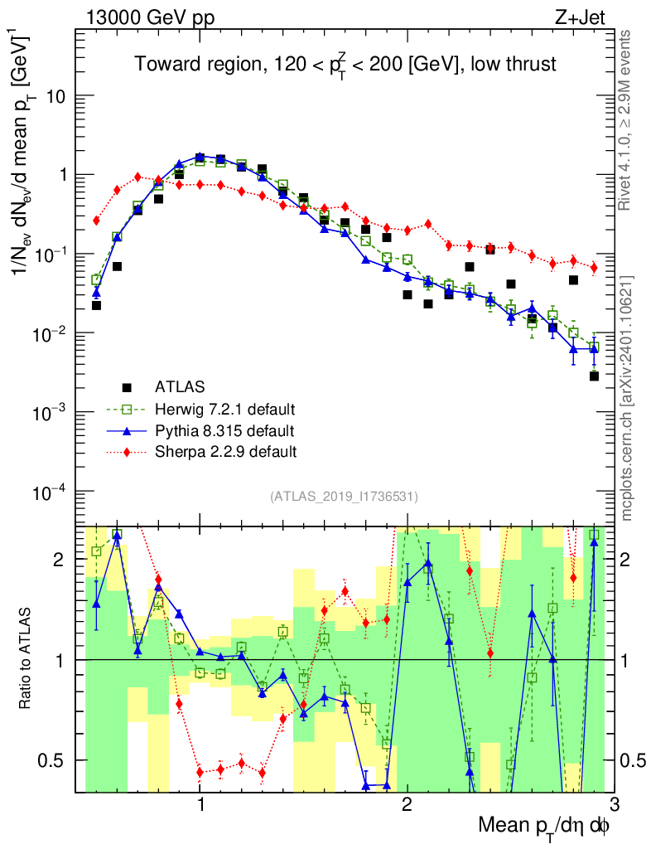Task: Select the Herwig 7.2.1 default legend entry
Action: click(224, 410)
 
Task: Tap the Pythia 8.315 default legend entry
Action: click(224, 431)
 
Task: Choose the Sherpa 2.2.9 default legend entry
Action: click(224, 453)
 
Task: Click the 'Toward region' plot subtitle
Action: click(345, 65)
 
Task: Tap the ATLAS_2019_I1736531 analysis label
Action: click(344, 497)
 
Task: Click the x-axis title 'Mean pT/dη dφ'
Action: click(544, 825)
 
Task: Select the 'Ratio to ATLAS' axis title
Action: click(28, 659)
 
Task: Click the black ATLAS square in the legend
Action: click(127, 387)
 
